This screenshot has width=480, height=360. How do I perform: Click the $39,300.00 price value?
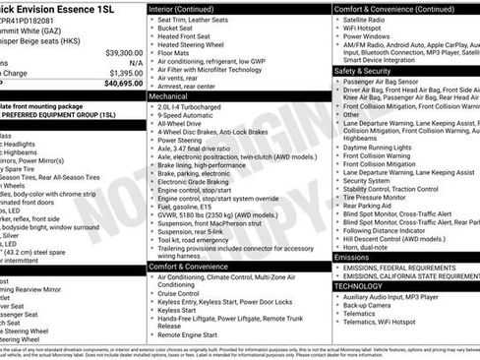123,51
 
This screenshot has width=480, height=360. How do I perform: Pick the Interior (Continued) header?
190,8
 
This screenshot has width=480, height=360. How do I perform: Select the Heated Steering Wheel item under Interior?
203,44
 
